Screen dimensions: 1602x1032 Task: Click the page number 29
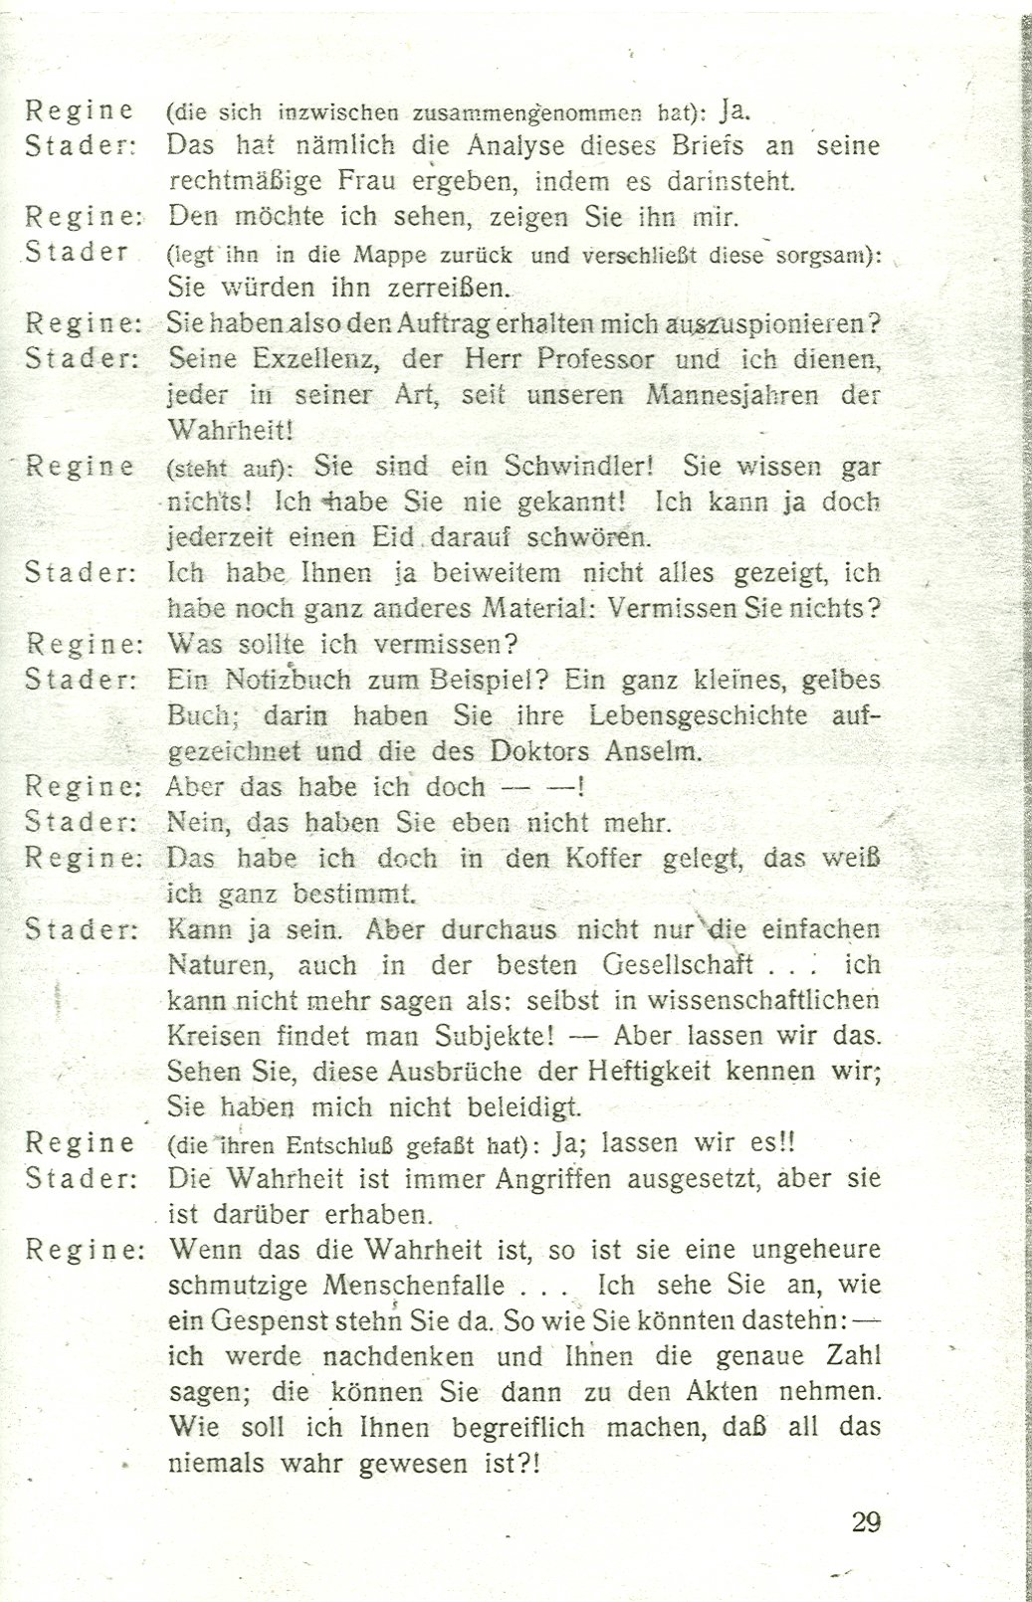click(x=866, y=1521)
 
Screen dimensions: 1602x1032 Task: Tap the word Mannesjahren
click(x=732, y=395)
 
